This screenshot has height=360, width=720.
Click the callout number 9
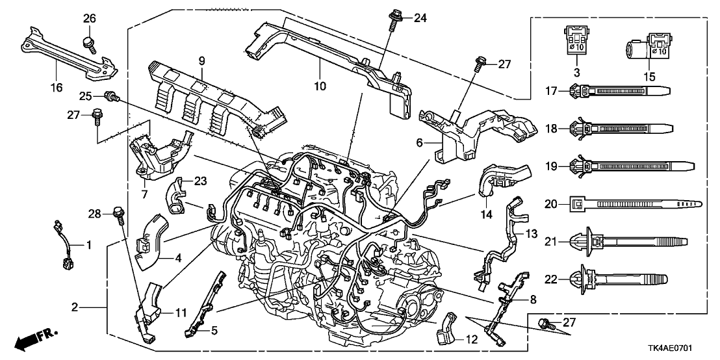201,60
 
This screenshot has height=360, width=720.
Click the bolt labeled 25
112,97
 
